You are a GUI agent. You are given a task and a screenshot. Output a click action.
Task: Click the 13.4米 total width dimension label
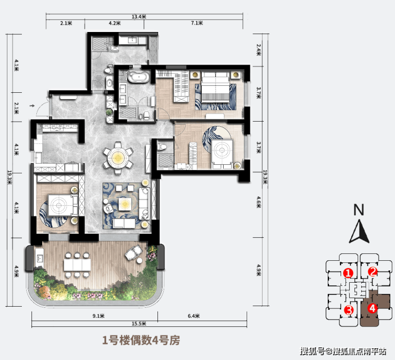tap(139, 17)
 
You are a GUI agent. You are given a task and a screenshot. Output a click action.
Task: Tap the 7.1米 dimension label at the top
tap(197, 23)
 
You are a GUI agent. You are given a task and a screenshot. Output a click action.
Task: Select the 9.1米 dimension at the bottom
tap(98, 316)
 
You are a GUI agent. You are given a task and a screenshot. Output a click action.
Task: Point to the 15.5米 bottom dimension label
tap(139, 324)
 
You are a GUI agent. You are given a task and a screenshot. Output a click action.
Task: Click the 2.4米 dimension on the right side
tap(259, 50)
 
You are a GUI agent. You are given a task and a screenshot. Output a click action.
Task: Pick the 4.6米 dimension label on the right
tap(259, 202)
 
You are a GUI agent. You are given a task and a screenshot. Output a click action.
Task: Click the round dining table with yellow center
tap(118, 158)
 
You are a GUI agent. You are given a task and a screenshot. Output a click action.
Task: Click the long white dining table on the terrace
tap(77, 265)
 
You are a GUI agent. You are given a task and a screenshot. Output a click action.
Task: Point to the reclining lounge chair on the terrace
tap(134, 252)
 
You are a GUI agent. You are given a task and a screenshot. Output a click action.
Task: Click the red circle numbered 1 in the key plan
tap(349, 273)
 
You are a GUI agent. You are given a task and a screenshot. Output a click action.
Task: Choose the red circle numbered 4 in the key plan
tap(373, 308)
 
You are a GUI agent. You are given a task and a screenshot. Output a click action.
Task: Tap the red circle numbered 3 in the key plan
tap(349, 310)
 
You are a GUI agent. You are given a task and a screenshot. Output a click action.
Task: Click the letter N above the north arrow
tap(359, 210)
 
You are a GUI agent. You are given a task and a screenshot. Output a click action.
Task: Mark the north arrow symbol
tap(359, 231)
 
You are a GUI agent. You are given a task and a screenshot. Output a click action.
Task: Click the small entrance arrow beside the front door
tap(32, 106)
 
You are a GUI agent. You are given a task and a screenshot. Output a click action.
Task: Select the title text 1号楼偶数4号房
tap(141, 340)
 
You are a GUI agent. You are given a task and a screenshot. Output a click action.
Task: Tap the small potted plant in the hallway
tap(109, 112)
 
